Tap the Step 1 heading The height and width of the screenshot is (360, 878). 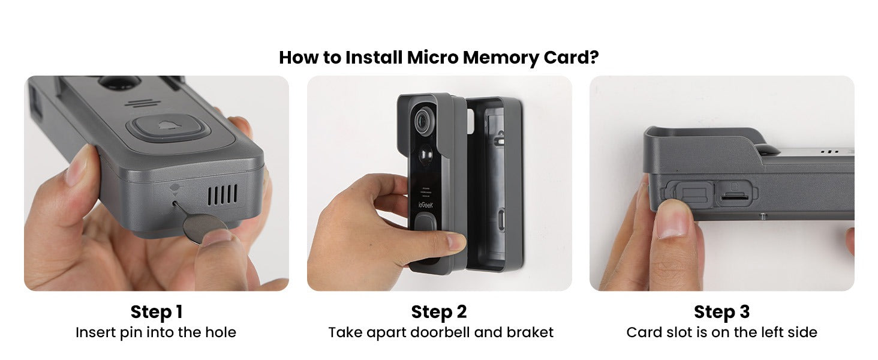click(156, 312)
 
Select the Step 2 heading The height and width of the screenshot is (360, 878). click(439, 312)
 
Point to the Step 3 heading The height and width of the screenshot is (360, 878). click(721, 312)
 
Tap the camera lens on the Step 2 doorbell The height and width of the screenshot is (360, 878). click(423, 119)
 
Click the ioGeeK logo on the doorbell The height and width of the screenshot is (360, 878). click(424, 205)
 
